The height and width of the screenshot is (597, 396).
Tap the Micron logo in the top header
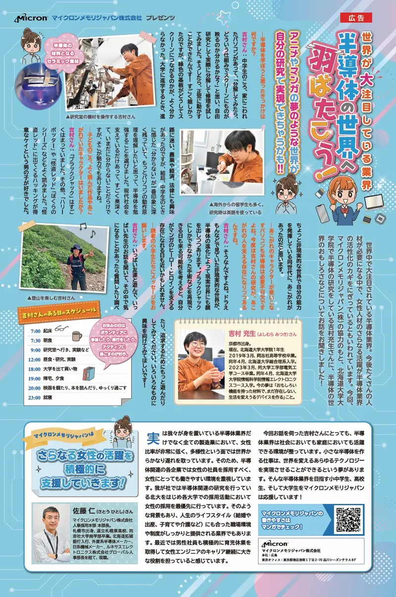click(31, 18)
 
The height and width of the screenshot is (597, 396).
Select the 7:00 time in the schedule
click(35, 330)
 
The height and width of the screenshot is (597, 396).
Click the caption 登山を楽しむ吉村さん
click(50, 298)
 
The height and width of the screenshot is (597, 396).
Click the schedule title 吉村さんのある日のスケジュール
click(62, 315)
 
